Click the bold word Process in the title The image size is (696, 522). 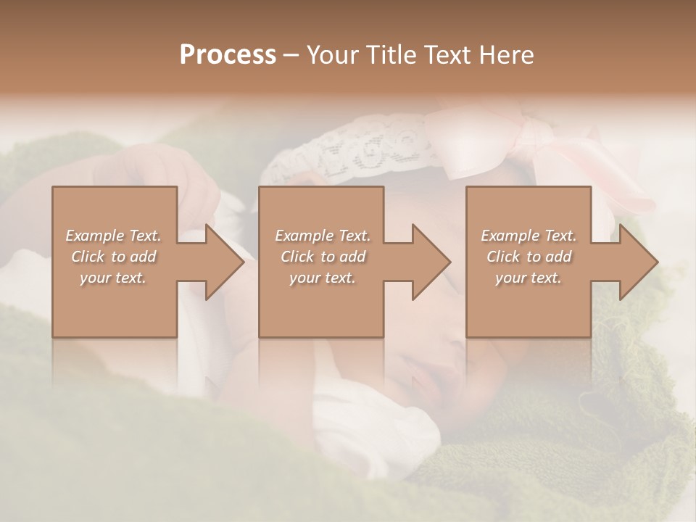click(228, 55)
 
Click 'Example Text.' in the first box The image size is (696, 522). click(113, 236)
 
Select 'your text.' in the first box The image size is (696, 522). click(113, 278)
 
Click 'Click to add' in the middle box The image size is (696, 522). click(323, 257)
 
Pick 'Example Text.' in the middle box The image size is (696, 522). click(323, 236)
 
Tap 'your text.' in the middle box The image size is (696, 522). click(323, 278)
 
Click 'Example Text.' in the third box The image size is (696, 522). click(529, 236)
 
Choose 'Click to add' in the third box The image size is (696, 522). click(529, 257)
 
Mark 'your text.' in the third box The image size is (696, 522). click(529, 278)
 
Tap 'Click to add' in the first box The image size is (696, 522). click(113, 257)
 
